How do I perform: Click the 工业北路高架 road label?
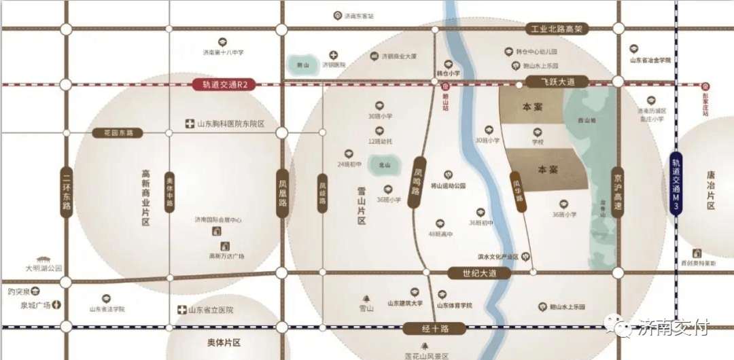557,29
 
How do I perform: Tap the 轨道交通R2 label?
224,85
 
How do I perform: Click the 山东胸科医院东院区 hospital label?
230,124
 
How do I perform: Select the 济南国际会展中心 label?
218,220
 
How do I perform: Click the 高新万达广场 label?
226,256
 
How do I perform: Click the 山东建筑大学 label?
405,304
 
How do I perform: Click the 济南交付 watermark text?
674,328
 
